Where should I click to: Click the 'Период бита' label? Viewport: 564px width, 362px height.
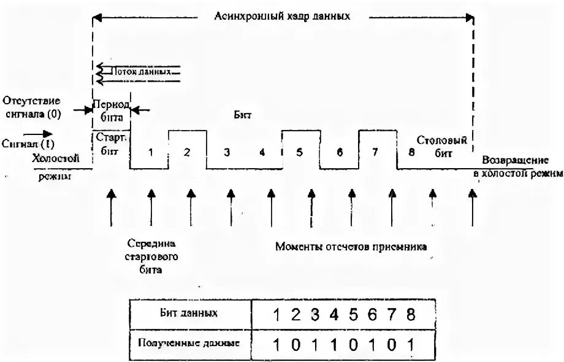pyautogui.click(x=111, y=110)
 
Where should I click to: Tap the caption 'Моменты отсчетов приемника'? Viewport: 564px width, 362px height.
pyautogui.click(x=351, y=247)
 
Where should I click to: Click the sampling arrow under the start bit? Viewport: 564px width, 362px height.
pyautogui.click(x=111, y=209)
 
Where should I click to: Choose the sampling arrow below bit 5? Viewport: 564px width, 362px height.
pyautogui.click(x=311, y=209)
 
